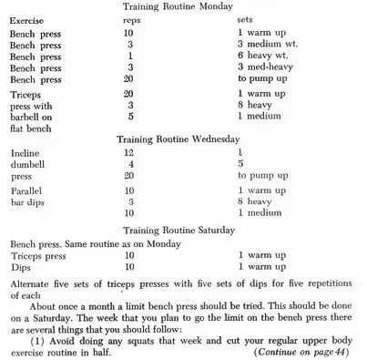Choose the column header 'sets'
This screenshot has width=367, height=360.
(x=246, y=19)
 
